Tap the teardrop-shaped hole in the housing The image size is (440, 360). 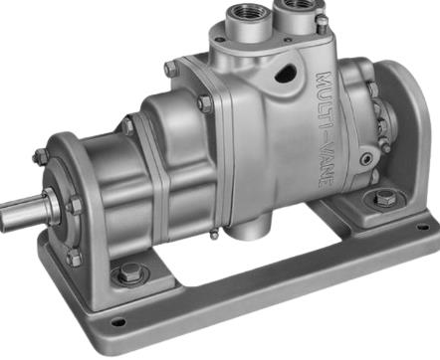click(x=285, y=73)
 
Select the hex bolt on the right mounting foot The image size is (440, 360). click(x=385, y=198)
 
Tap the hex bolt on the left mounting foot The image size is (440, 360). click(x=129, y=272)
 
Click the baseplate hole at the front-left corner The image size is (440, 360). click(x=117, y=321)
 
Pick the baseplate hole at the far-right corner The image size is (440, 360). click(x=423, y=228)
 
